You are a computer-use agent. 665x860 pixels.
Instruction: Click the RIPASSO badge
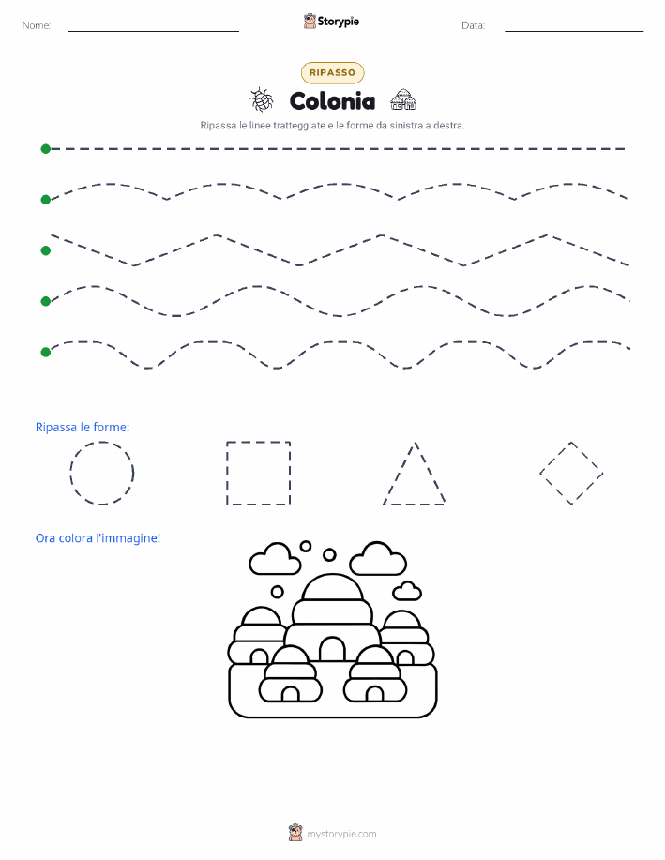click(x=332, y=72)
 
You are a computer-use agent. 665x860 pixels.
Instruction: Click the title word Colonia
click(x=332, y=101)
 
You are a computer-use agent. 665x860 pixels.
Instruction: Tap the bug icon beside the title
click(x=262, y=99)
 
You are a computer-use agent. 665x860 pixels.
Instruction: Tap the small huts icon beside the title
click(x=403, y=99)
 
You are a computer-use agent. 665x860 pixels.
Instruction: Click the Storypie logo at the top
click(x=331, y=22)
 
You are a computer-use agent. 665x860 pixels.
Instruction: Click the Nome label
click(x=37, y=25)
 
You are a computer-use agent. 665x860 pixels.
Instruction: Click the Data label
click(x=473, y=25)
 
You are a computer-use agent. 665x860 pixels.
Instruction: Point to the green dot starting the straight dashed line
click(x=46, y=148)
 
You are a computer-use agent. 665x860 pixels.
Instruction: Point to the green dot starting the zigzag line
click(x=46, y=250)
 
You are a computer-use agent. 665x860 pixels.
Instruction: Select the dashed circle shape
click(x=70, y=473)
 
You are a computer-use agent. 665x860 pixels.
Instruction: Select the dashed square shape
click(x=227, y=473)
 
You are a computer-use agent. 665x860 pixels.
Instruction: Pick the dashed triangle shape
click(x=400, y=473)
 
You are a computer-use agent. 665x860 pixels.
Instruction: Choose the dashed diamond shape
click(x=555, y=458)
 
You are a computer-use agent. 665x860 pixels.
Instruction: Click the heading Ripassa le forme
click(x=83, y=428)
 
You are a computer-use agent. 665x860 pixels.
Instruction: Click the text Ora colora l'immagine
click(x=98, y=538)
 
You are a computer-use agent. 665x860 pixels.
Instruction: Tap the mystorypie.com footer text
click(x=341, y=834)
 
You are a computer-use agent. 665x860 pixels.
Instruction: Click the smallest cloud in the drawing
click(x=407, y=591)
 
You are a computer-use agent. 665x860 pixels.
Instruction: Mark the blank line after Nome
click(x=153, y=31)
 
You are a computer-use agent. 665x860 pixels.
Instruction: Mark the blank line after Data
click(x=574, y=31)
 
